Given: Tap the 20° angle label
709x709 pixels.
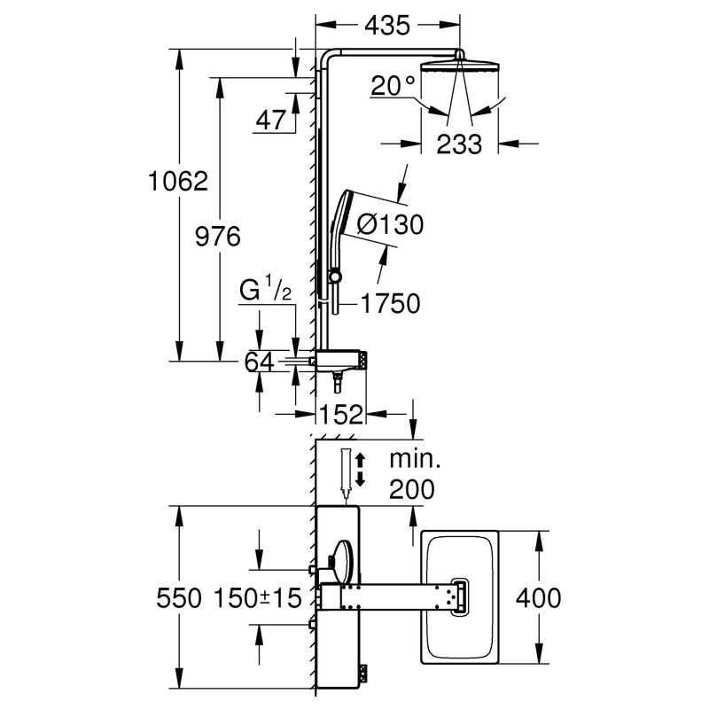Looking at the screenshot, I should click(x=393, y=86).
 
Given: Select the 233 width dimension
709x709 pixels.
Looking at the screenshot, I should click(x=459, y=143).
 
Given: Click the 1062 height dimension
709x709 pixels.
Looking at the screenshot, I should click(x=178, y=182).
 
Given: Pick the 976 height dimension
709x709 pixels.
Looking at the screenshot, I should click(x=217, y=237).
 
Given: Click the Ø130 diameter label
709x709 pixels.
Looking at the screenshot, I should click(x=390, y=225).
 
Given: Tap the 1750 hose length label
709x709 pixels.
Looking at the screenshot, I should click(x=389, y=304).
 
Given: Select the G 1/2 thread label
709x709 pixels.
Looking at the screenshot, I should click(x=264, y=291).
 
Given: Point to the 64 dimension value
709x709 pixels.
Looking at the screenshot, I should click(x=259, y=362).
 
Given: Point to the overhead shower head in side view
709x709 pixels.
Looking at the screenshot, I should click(x=459, y=68).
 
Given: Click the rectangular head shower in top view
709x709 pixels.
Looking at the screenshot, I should click(x=461, y=597).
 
